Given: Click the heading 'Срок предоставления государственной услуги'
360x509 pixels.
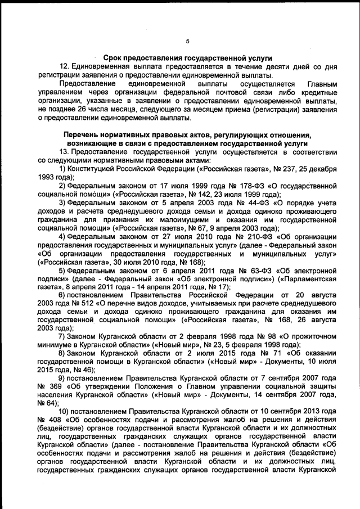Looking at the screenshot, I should coord(187,57).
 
